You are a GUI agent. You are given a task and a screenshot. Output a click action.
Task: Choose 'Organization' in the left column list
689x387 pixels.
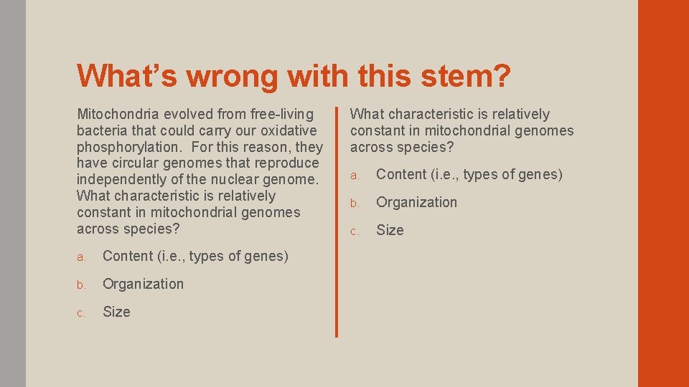click(143, 284)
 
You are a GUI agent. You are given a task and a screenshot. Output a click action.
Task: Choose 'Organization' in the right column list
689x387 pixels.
click(416, 202)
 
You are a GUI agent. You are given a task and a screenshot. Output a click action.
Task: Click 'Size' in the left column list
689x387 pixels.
click(116, 312)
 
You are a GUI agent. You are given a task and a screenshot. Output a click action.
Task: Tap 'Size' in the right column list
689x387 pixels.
click(390, 230)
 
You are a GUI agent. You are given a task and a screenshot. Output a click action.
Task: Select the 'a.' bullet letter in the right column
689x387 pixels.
click(354, 176)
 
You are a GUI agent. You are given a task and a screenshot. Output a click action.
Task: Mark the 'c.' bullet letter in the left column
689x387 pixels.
click(81, 313)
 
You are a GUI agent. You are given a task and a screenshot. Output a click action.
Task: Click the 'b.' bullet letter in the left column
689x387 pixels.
click(81, 285)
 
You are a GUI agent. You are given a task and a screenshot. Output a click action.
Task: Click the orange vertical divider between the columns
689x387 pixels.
click(336, 221)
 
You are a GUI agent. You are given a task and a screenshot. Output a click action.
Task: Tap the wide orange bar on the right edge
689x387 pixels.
click(663, 193)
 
